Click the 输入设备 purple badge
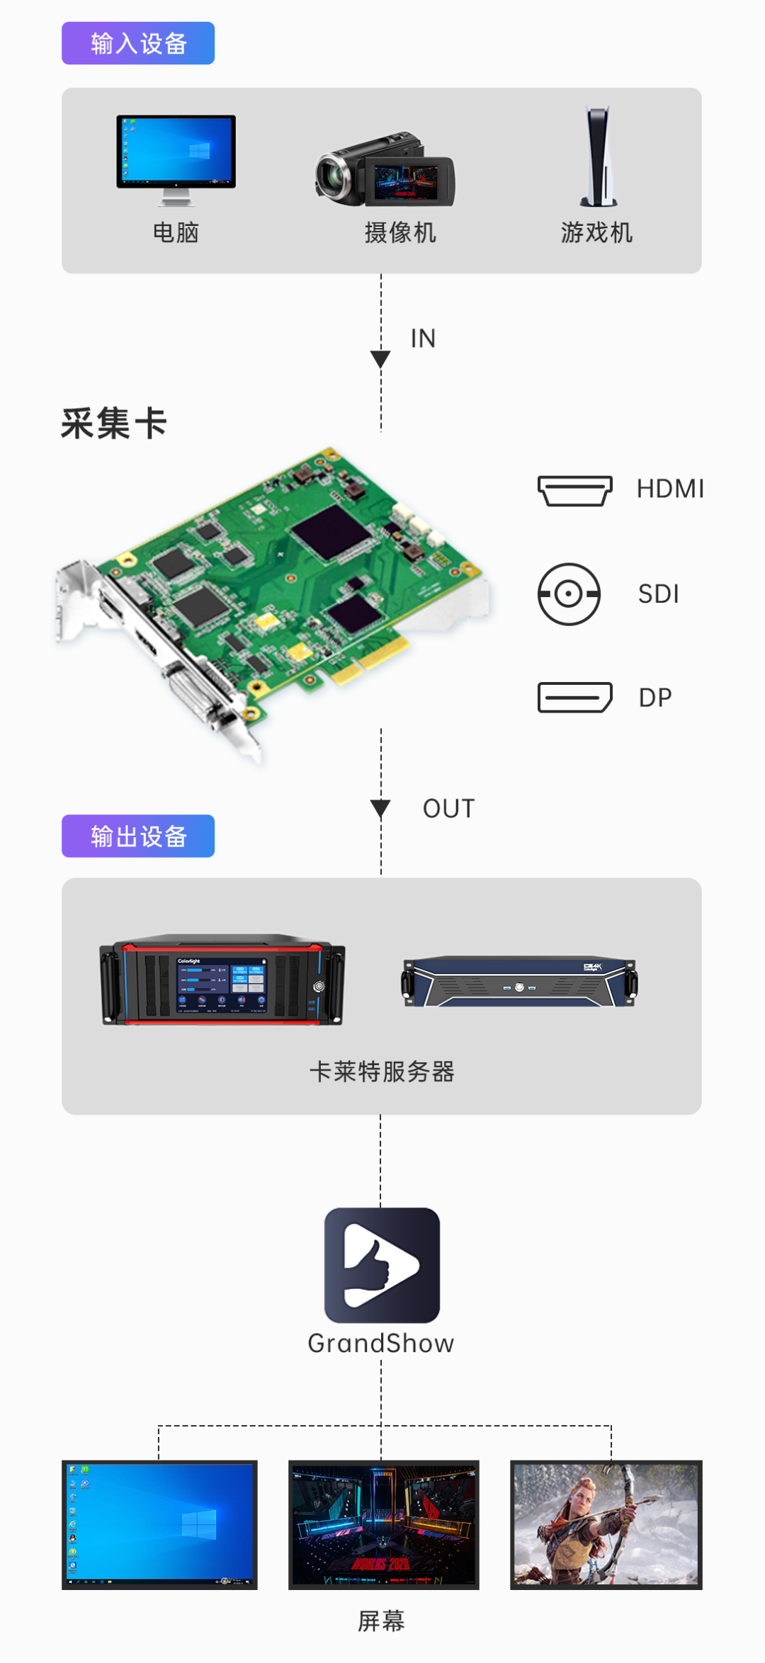point(138,43)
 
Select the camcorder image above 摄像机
point(385,171)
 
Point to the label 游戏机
point(596,232)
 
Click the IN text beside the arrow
point(423,339)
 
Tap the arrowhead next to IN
point(380,359)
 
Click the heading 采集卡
point(113,424)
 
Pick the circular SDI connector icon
point(569,594)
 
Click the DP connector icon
point(574,698)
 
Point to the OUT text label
point(448,809)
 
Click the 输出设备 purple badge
point(138,836)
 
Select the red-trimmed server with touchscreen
point(222,980)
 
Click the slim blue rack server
point(520,982)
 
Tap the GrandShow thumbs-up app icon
point(382,1265)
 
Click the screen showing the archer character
point(606,1524)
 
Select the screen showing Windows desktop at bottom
point(159,1524)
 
